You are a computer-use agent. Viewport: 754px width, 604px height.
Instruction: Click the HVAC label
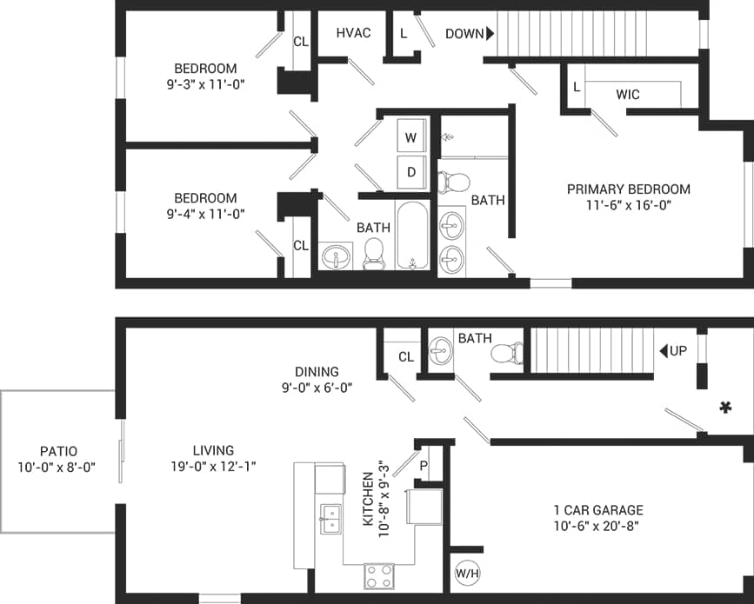pyautogui.click(x=353, y=33)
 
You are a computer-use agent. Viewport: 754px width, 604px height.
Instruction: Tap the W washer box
pyautogui.click(x=411, y=137)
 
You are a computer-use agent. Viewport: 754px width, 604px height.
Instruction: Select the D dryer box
pyautogui.click(x=411, y=172)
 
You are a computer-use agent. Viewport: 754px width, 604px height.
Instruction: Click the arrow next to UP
pyautogui.click(x=664, y=351)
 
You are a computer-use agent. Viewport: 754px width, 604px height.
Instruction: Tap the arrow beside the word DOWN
pyautogui.click(x=490, y=34)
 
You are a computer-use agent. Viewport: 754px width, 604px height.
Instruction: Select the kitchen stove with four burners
pyautogui.click(x=378, y=575)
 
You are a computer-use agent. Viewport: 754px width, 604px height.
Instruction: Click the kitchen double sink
pyautogui.click(x=330, y=519)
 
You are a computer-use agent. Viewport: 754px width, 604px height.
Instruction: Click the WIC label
pyautogui.click(x=629, y=93)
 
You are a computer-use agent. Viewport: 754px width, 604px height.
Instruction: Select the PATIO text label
pyautogui.click(x=58, y=451)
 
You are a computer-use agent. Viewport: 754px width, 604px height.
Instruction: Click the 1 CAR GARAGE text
pyautogui.click(x=598, y=510)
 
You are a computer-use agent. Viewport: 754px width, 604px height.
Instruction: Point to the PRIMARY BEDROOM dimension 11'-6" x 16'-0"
pyautogui.click(x=628, y=205)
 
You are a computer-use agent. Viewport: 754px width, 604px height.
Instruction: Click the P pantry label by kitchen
pyautogui.click(x=424, y=465)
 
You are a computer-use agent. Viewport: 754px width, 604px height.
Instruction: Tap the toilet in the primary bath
pyautogui.click(x=453, y=182)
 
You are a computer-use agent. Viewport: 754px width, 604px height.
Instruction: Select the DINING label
pyautogui.click(x=317, y=372)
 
